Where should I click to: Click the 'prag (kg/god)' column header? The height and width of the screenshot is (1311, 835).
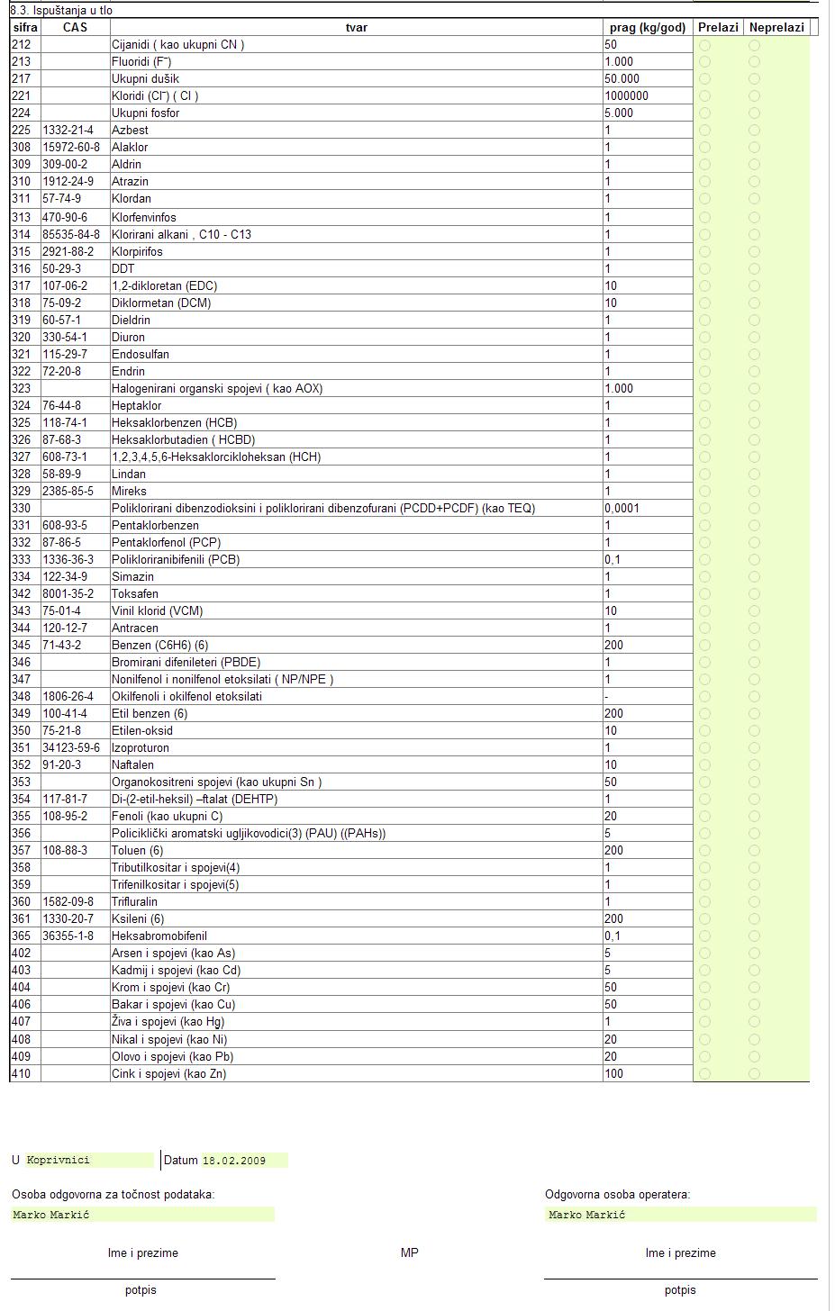647,27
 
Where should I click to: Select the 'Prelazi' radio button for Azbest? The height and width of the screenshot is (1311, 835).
704,131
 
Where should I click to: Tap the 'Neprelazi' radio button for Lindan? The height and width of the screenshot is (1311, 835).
754,474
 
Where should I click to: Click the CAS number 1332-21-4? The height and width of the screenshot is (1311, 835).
68,131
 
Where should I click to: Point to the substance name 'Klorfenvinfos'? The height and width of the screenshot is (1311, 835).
144,217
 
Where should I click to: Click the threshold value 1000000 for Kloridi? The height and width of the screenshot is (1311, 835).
627,96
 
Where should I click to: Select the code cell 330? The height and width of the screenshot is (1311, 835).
21,509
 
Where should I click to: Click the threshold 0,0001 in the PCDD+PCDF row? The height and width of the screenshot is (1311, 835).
622,509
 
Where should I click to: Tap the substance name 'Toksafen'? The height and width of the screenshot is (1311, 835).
135,594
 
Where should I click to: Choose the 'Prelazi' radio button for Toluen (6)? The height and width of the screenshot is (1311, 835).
704,851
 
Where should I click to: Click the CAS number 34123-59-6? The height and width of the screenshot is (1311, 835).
71,748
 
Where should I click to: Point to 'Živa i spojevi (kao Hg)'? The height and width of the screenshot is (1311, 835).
168,1022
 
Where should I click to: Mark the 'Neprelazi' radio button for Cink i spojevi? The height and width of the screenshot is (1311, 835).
754,1073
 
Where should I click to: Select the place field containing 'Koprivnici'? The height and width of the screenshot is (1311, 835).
90,1161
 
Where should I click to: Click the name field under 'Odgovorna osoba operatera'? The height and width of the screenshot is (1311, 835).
680,1215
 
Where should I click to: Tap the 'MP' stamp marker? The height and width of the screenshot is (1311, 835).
410,1252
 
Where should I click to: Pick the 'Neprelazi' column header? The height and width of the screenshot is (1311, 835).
776,27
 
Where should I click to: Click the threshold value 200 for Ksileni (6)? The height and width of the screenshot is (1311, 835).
614,919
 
